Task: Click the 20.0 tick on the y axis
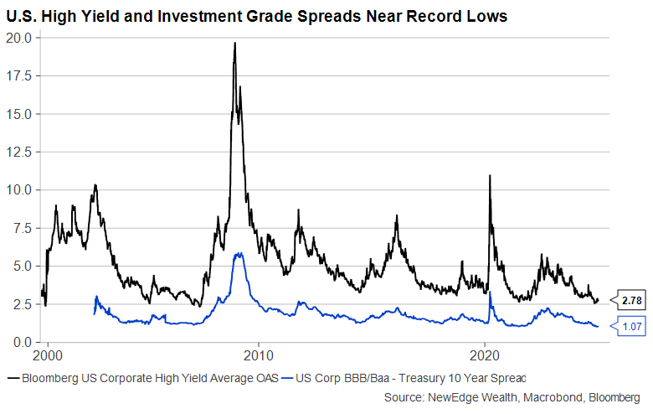click(x=18, y=38)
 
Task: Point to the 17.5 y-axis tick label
click(x=18, y=75)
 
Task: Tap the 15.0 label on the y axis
click(x=18, y=114)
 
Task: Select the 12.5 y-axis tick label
click(x=18, y=152)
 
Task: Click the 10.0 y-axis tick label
click(x=18, y=190)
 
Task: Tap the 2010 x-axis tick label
click(x=259, y=354)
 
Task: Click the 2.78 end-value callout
click(x=632, y=300)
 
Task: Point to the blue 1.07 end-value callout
click(x=632, y=326)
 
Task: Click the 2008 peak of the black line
click(x=234, y=43)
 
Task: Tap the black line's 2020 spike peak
click(x=489, y=176)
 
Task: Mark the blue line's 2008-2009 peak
click(x=239, y=253)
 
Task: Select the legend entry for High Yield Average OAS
click(x=142, y=377)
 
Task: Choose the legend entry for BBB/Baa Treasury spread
click(x=405, y=377)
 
